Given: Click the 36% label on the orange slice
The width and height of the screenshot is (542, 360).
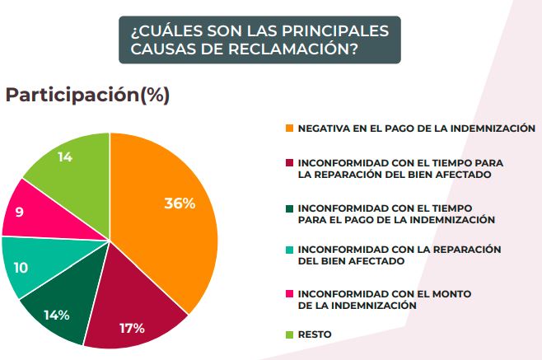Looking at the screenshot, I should click(x=179, y=203).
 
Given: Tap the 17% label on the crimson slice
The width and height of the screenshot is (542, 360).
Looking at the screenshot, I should click(x=132, y=328).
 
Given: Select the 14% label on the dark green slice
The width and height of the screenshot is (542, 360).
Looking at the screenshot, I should click(x=57, y=314).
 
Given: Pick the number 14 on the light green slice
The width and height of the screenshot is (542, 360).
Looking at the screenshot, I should click(x=65, y=157).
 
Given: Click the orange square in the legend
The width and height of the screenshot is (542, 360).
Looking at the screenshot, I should click(x=289, y=129).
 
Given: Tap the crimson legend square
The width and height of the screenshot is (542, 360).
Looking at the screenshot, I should click(x=289, y=162).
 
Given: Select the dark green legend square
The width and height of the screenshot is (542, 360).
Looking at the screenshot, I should click(x=289, y=208).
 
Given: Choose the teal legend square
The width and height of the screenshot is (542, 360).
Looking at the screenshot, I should click(x=289, y=249).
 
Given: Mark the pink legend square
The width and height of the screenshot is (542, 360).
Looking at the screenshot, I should click(x=289, y=293).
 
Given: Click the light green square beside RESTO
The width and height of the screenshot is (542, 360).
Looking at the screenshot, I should click(x=289, y=334).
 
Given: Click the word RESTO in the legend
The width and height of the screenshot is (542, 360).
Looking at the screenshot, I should click(x=315, y=334).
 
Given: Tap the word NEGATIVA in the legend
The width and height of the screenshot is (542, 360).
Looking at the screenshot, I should click(x=324, y=129).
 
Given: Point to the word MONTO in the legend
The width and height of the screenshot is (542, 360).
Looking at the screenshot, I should click(x=466, y=293).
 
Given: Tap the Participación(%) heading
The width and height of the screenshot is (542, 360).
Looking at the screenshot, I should click(x=87, y=95).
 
